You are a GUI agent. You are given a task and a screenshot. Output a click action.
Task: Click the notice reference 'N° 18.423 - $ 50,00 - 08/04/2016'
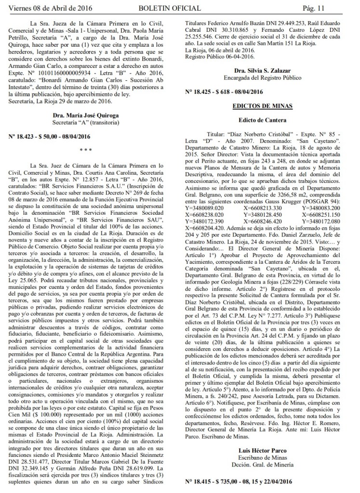60,137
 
